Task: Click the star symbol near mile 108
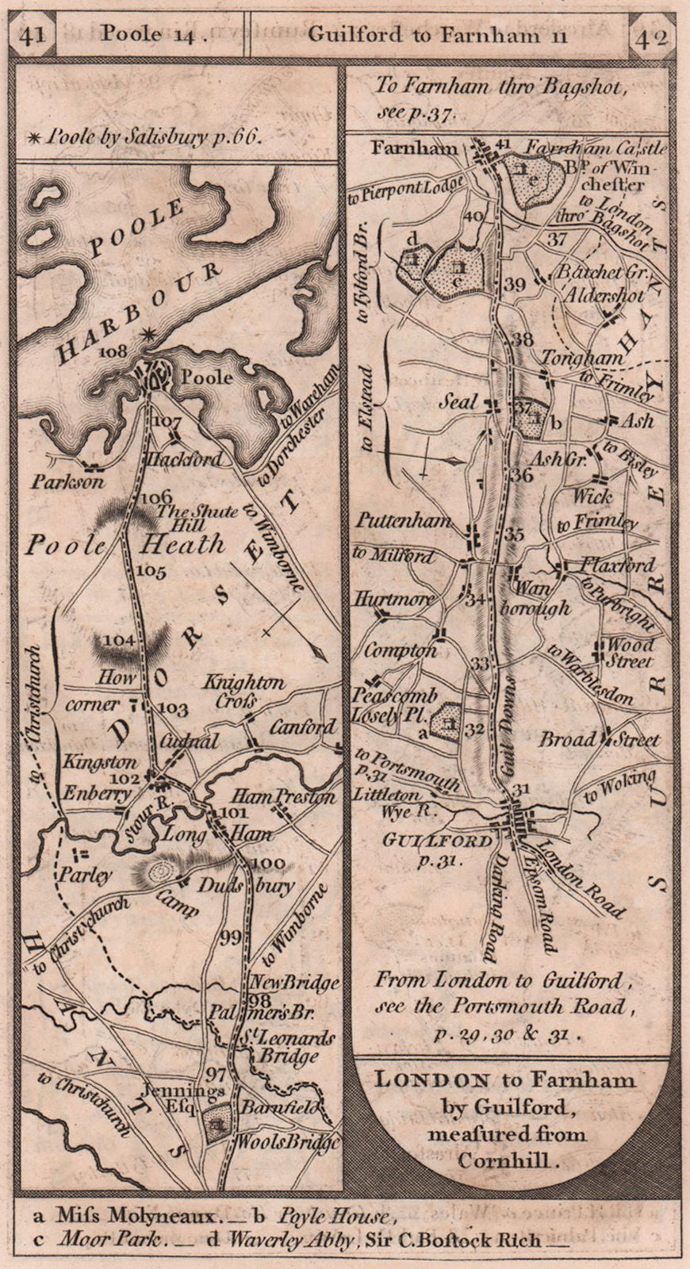coord(147,335)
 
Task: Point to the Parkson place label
coord(67,481)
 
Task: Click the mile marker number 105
coord(151,571)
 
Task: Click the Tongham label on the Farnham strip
coord(582,358)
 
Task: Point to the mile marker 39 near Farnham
coord(515,285)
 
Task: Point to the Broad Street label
coord(600,739)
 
